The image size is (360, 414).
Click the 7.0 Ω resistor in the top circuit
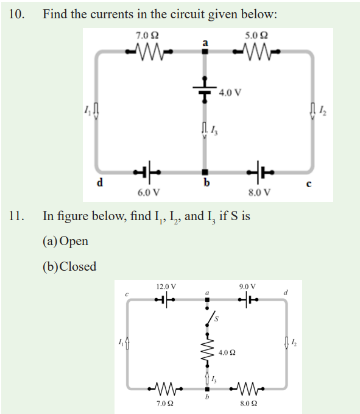pyautogui.click(x=149, y=51)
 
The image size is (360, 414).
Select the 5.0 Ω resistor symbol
pyautogui.click(x=256, y=51)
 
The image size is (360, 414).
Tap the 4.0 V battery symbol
pyautogui.click(x=205, y=89)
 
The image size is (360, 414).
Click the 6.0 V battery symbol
pyautogui.click(x=147, y=172)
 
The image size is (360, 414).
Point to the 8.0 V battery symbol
pyautogui.click(x=260, y=172)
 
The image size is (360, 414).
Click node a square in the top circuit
pyautogui.click(x=205, y=51)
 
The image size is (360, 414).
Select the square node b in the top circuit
pyautogui.click(x=205, y=172)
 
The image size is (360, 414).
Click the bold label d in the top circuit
pyautogui.click(x=100, y=182)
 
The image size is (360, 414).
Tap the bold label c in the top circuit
pyautogui.click(x=309, y=184)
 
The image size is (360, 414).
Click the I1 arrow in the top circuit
pyautogui.click(x=96, y=111)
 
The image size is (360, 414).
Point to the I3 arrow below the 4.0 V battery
pyautogui.click(x=205, y=130)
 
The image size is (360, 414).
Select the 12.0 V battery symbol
pyautogui.click(x=165, y=299)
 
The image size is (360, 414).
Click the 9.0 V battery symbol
pyautogui.click(x=248, y=299)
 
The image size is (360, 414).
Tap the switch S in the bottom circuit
pyautogui.click(x=210, y=317)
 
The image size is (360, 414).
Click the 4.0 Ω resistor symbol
pyautogui.click(x=207, y=350)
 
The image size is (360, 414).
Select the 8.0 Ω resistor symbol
pyautogui.click(x=247, y=388)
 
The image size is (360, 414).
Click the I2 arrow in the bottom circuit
pyautogui.click(x=286, y=343)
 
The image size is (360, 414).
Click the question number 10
pyautogui.click(x=17, y=14)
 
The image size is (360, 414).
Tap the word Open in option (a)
pyautogui.click(x=74, y=241)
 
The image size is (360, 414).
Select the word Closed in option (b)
pyautogui.click(x=78, y=266)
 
